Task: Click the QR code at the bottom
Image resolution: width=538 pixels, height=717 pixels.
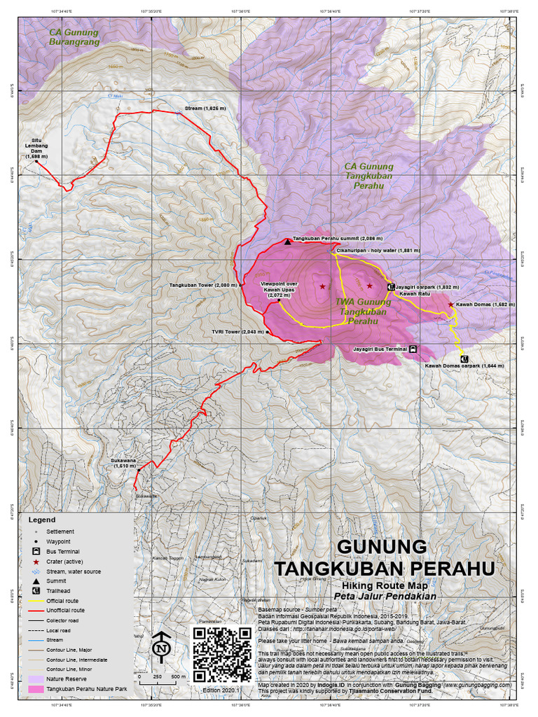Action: tap(221, 654)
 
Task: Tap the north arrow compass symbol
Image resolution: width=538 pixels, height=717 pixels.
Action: tap(162, 648)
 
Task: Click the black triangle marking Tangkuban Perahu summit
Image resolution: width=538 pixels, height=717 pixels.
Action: tap(287, 242)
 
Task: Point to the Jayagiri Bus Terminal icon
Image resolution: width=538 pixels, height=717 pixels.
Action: tap(413, 348)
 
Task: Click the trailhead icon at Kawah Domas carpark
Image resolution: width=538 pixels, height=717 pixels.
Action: tap(463, 358)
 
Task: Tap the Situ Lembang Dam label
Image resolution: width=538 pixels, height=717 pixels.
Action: tap(37, 148)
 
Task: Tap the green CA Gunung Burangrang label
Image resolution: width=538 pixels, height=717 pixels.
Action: tap(74, 37)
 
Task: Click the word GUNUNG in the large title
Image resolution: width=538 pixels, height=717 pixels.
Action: tap(381, 546)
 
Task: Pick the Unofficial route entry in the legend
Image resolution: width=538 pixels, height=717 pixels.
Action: tap(70, 611)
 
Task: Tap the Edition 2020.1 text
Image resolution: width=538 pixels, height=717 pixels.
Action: tap(221, 690)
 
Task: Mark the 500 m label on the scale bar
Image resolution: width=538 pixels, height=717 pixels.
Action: tap(179, 678)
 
